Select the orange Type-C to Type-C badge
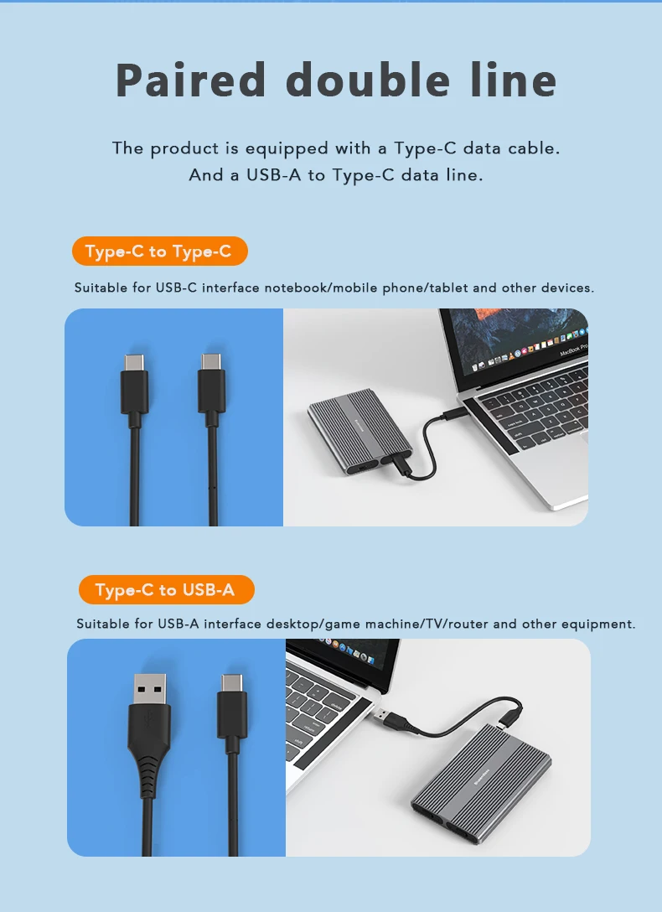tap(158, 251)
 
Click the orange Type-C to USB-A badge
tap(165, 590)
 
